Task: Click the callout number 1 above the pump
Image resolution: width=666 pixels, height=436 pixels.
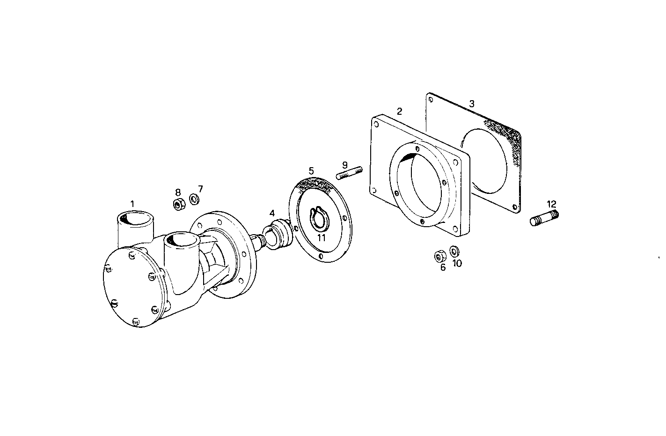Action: tap(132, 204)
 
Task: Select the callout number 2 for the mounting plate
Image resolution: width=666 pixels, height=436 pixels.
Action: tap(399, 111)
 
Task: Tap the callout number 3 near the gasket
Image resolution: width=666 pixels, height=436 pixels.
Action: tap(472, 104)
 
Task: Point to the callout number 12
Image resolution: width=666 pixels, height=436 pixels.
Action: tap(551, 204)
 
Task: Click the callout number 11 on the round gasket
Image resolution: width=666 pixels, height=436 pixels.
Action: tap(321, 237)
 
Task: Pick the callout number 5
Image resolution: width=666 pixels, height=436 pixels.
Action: tap(311, 171)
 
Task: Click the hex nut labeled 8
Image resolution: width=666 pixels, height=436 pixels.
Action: tap(178, 205)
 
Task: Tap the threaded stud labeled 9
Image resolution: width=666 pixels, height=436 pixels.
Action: tap(350, 172)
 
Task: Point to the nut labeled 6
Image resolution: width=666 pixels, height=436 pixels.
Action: tap(439, 256)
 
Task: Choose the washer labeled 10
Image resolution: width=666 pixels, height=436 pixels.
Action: tap(454, 251)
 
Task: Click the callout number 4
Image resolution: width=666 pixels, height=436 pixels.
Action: tap(272, 213)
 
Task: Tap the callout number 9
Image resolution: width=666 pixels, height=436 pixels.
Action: tap(345, 165)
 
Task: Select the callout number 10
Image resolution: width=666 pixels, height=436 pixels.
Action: tap(457, 263)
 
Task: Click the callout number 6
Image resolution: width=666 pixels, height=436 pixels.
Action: tap(443, 268)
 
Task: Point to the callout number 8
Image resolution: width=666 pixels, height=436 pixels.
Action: tap(178, 192)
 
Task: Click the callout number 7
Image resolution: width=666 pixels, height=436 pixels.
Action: tap(200, 189)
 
